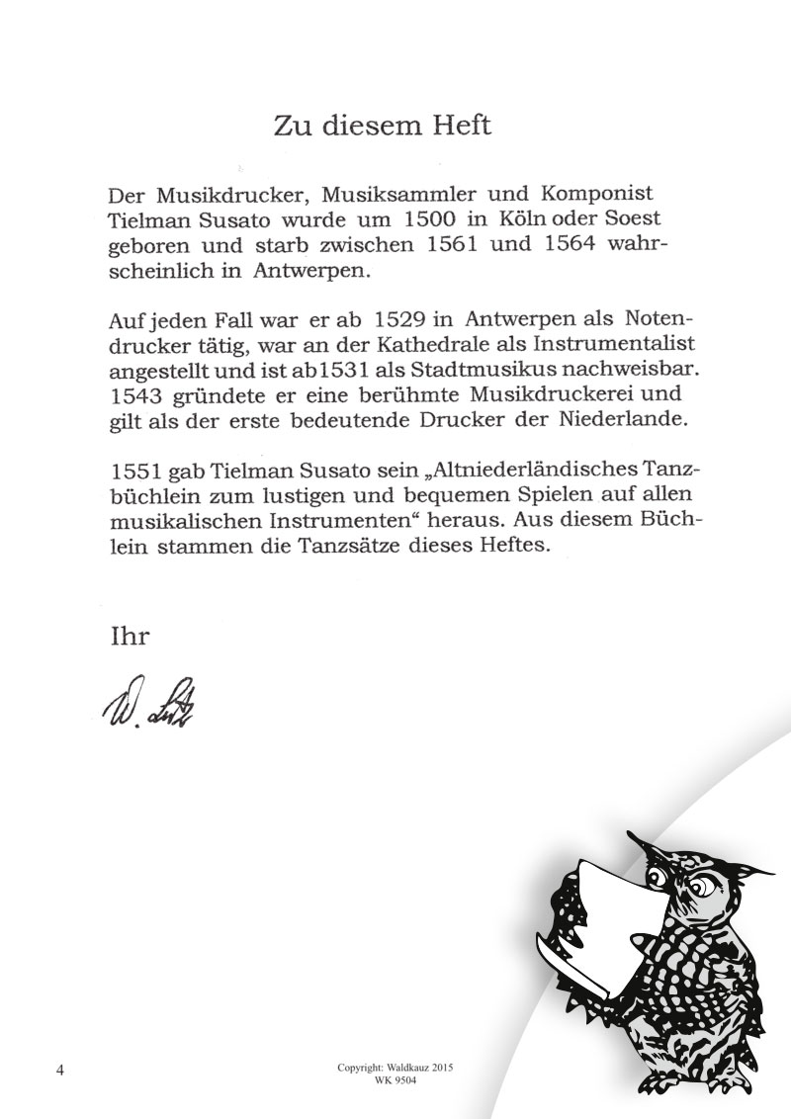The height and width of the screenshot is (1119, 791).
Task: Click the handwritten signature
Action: click(x=147, y=703)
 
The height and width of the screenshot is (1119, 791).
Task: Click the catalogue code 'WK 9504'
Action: click(x=395, y=1083)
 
